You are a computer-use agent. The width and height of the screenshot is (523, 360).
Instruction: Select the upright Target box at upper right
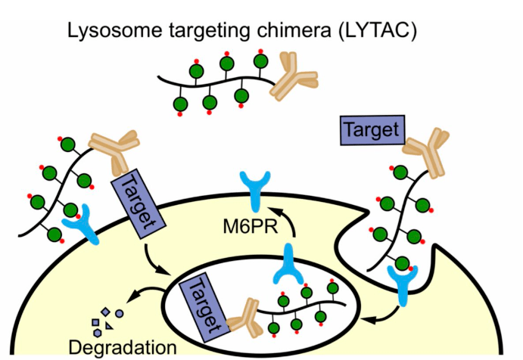(x=370, y=129)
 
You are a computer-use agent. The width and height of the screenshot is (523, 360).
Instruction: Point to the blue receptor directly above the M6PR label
(x=254, y=189)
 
